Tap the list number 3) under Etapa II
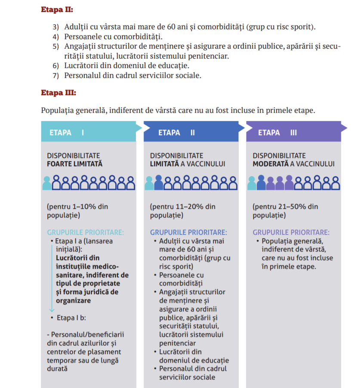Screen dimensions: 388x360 [55, 27]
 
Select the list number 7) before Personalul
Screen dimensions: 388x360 [55, 75]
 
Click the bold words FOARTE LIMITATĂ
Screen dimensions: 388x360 [75, 164]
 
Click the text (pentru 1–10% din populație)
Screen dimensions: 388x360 [77, 211]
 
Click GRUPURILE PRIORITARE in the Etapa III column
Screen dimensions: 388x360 [291, 232]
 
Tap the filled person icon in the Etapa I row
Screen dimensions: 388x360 [46, 183]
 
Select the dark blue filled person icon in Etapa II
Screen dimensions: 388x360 [158, 183]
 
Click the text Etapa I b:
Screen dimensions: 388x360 [72, 318]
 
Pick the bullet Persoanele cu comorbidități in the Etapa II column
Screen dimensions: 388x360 [181, 279]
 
